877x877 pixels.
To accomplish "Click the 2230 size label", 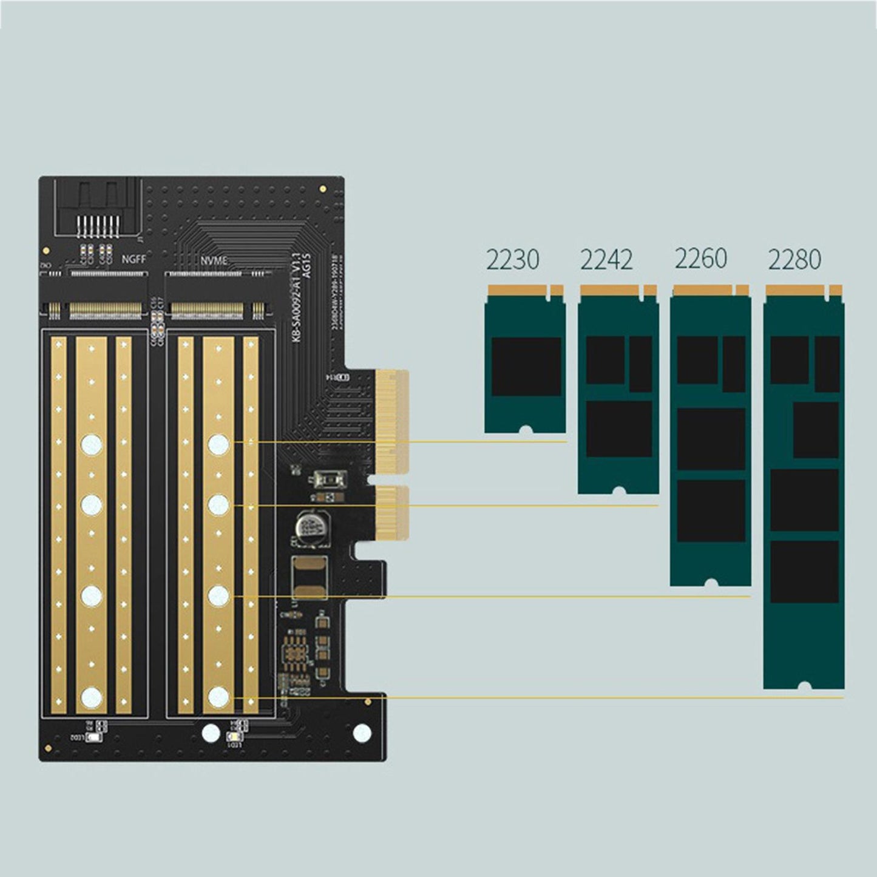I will coord(513,260).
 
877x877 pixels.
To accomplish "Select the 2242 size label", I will coord(606,260).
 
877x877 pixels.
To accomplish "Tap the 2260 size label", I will coord(701,259).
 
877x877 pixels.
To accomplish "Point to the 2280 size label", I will coord(794,260).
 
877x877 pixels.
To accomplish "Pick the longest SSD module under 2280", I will coord(804,486).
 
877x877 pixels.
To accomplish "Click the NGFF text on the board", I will coord(134,259).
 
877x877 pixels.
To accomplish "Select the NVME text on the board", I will coord(214,261).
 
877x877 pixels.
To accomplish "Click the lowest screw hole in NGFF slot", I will coord(91,697).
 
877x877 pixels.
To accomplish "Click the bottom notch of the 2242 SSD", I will coord(618,489).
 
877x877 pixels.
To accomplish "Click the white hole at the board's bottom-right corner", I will coord(362,733).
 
